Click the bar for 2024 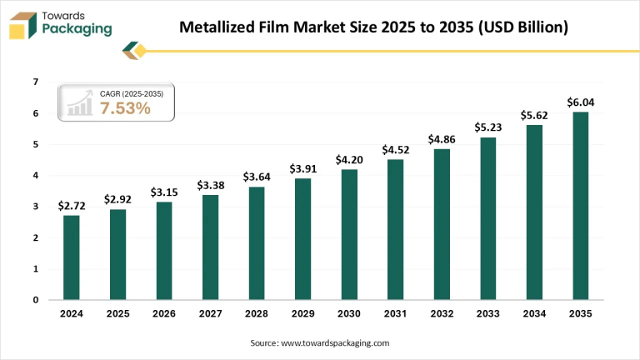[x=72, y=257]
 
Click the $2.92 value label [x=117, y=199]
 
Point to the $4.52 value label [x=395, y=150]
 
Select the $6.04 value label [x=580, y=102]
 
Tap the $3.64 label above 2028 [x=257, y=177]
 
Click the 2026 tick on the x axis [x=164, y=315]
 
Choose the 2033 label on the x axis [x=487, y=315]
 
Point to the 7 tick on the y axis [x=36, y=82]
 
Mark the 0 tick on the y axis [x=36, y=300]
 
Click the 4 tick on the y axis [x=36, y=176]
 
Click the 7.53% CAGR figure [x=125, y=108]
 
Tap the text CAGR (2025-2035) [x=132, y=94]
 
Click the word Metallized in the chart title [x=217, y=27]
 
